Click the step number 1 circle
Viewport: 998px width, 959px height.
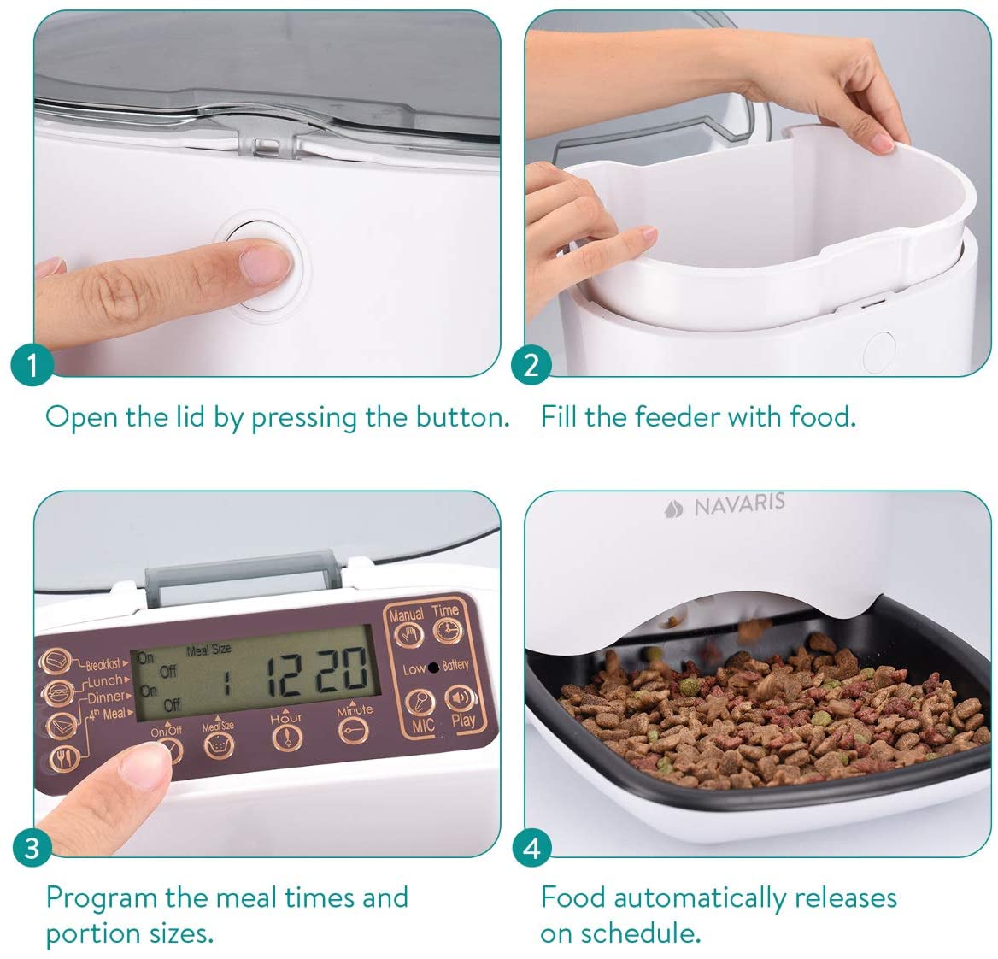tap(32, 366)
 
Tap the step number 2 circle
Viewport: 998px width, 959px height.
tap(531, 366)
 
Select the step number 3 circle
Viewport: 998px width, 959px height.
tap(32, 848)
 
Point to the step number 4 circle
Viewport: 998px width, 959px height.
tap(531, 848)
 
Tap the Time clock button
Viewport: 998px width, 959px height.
tap(445, 631)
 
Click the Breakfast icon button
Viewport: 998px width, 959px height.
tap(58, 662)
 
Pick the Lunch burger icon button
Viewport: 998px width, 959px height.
tap(57, 692)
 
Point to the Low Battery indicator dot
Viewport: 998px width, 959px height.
tap(433, 667)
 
